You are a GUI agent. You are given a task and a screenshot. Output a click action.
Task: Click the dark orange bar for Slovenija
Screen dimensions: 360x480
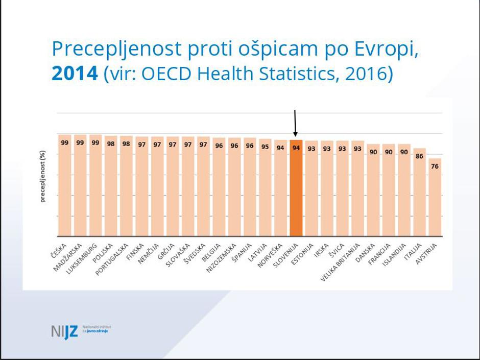(x=296, y=189)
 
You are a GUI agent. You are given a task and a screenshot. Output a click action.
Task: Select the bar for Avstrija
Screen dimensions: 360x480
(x=435, y=199)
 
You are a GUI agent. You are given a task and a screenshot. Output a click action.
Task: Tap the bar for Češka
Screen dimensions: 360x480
(x=65, y=186)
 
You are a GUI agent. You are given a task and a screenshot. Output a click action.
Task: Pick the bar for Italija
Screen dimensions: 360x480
(x=420, y=194)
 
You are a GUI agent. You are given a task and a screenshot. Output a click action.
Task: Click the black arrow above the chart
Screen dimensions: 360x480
(x=295, y=123)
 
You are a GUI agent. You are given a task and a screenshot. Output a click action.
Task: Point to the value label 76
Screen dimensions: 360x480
(x=435, y=166)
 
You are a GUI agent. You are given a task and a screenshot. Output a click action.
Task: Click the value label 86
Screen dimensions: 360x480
(x=420, y=156)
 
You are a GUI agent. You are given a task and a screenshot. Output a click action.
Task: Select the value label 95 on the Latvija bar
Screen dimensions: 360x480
(x=265, y=147)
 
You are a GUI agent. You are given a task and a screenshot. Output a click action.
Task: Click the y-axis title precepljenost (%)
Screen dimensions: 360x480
(x=43, y=177)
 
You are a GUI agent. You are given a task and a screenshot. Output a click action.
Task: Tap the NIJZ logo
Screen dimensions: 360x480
(x=65, y=331)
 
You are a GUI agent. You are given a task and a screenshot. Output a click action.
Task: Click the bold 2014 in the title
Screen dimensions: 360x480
(x=75, y=74)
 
